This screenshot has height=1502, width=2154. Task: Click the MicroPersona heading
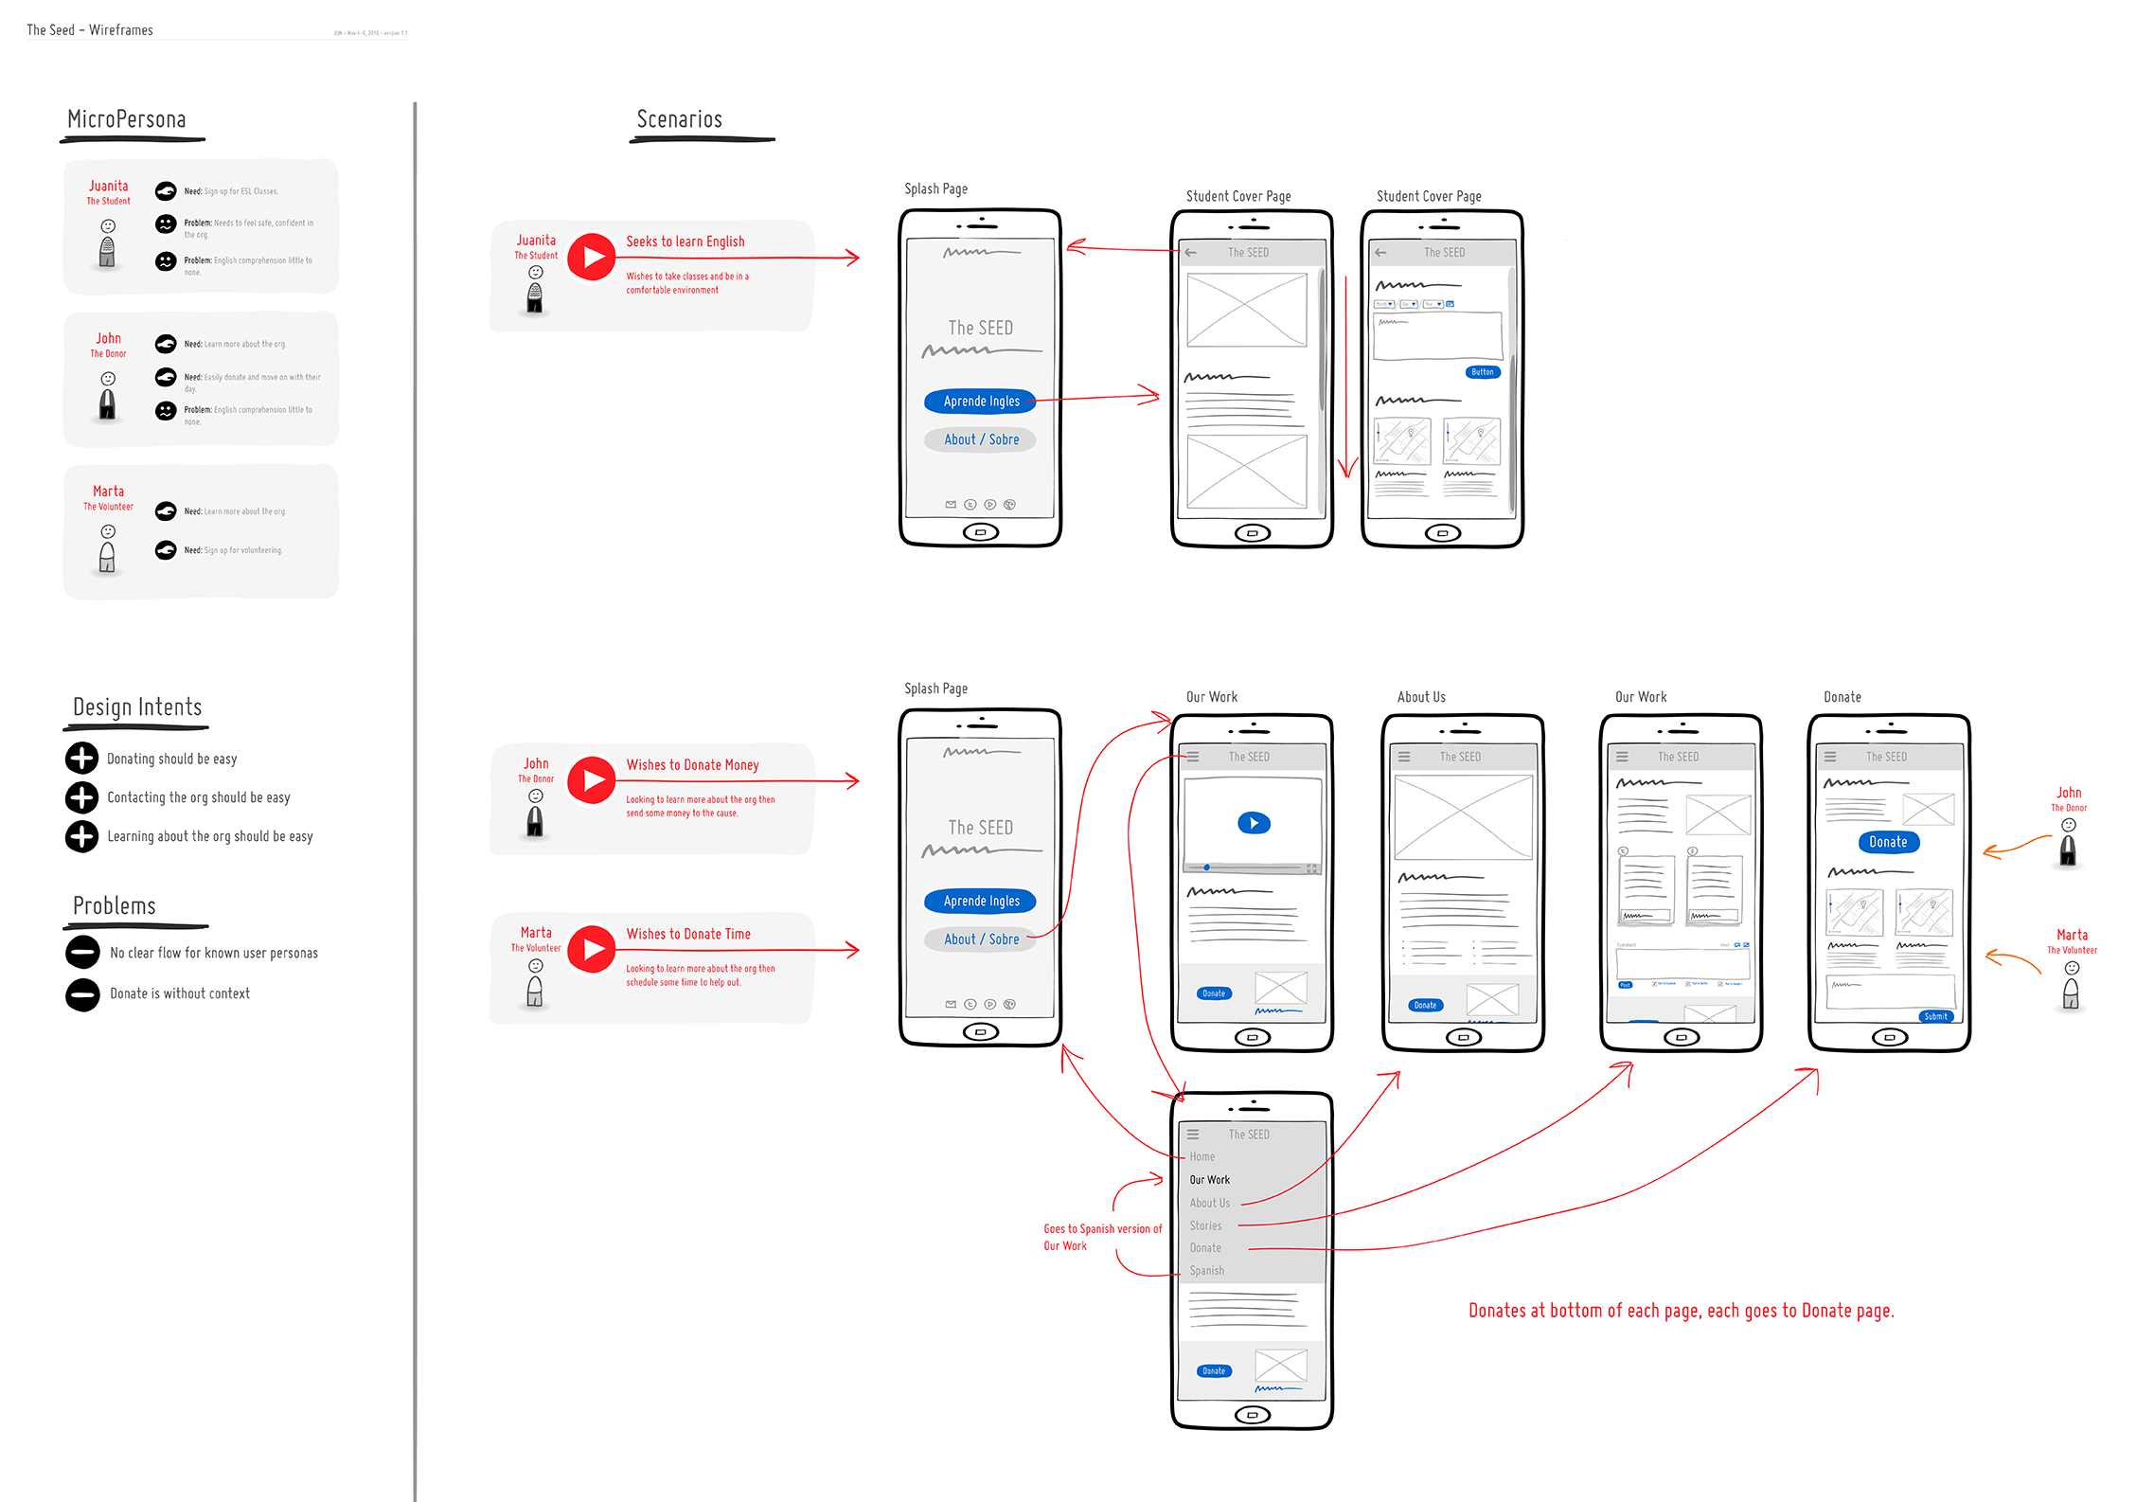[x=127, y=119]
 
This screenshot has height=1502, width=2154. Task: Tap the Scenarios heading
[x=679, y=119]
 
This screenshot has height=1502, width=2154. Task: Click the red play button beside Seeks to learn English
[x=592, y=257]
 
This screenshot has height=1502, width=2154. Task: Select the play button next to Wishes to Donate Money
[x=592, y=779]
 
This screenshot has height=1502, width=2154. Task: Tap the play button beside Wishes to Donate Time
[x=592, y=949]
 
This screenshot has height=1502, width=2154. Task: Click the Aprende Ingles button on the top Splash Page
[x=981, y=402]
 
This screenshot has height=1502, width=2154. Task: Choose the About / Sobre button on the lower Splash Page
[x=981, y=939]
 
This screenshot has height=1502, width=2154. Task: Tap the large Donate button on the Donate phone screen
[x=1888, y=842]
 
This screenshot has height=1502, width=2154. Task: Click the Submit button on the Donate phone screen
[x=1935, y=1016]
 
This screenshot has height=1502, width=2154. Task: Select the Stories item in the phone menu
[x=1205, y=1225]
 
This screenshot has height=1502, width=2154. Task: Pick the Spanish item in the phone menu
[x=1206, y=1271]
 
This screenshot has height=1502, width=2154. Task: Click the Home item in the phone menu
[x=1202, y=1156]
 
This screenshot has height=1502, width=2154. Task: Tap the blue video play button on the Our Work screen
[x=1254, y=823]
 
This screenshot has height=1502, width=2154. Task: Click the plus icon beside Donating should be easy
[x=81, y=758]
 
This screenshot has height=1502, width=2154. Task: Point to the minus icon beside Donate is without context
[x=82, y=993]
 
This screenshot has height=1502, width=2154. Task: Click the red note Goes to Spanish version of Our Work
[x=1102, y=1237]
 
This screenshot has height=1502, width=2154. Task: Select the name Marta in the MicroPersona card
[x=108, y=491]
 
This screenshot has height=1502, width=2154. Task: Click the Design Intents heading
[x=137, y=707]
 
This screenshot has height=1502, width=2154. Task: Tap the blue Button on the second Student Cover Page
[x=1483, y=372]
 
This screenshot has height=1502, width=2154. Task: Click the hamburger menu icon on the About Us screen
[x=1404, y=757]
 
